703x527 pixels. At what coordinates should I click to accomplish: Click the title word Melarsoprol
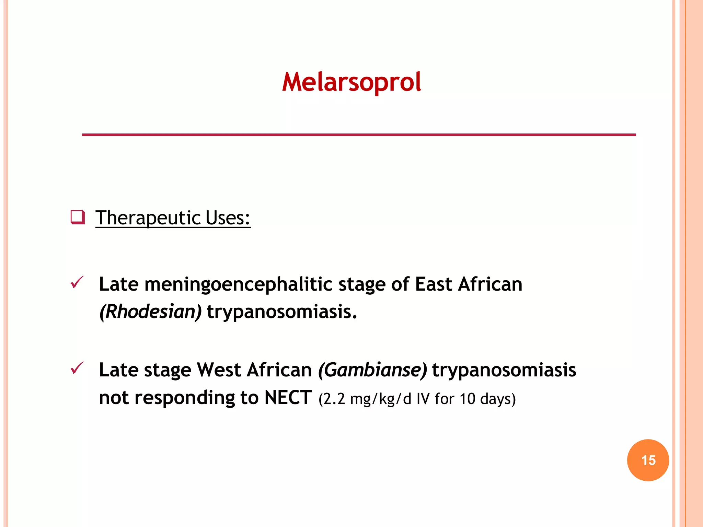351,82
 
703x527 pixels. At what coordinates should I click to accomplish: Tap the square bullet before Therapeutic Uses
78,218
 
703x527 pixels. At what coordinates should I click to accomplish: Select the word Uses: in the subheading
228,218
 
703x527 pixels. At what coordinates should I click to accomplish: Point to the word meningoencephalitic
239,284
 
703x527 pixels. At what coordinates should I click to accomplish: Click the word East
433,284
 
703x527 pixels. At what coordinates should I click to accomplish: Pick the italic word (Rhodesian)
150,312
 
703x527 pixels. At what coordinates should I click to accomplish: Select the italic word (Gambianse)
372,370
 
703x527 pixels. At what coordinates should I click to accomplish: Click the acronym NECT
288,398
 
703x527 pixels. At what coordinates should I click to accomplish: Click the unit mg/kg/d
381,399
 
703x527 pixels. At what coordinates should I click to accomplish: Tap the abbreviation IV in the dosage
423,399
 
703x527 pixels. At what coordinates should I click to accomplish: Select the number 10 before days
467,399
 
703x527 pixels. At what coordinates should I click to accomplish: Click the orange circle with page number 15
648,460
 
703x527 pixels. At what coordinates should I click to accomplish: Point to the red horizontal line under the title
359,135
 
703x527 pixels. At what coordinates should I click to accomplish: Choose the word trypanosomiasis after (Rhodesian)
282,312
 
